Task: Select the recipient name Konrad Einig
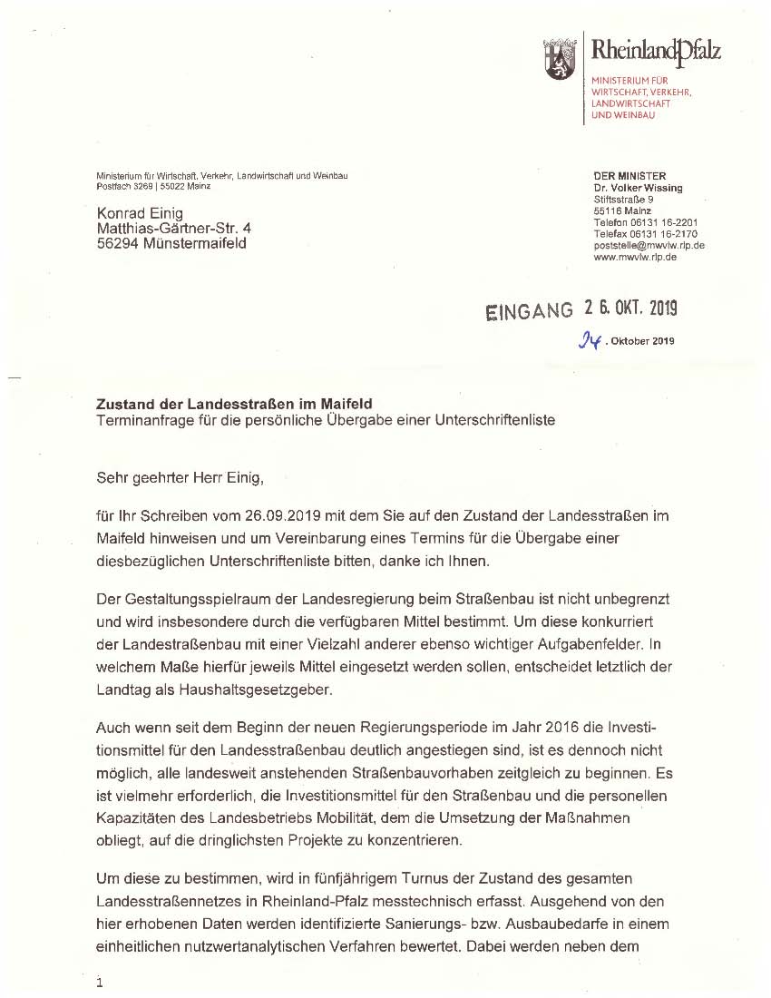pos(140,213)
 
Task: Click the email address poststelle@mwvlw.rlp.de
pos(649,245)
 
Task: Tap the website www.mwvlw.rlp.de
pos(635,257)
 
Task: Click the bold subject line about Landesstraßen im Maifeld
pos(235,404)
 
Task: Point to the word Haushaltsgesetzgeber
pos(258,690)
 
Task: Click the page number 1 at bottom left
pos(99,982)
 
